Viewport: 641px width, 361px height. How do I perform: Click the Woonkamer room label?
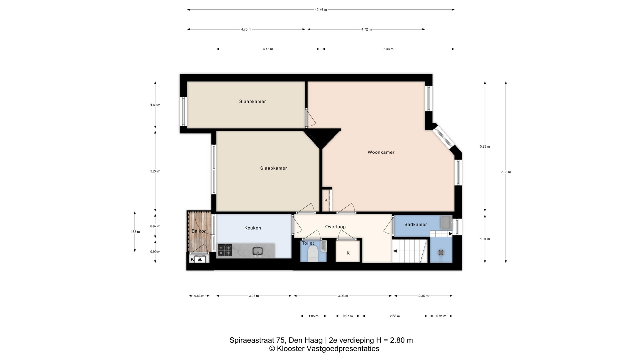tap(381, 152)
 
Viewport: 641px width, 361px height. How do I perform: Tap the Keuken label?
tap(253, 228)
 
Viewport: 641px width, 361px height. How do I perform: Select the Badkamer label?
tap(416, 224)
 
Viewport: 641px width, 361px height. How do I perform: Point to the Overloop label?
tap(335, 227)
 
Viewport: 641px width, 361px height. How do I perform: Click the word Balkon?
tap(199, 231)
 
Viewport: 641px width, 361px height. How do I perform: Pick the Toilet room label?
tap(308, 243)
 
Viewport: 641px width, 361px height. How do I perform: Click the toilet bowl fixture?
tap(313, 254)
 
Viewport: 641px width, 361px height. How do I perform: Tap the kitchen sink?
tap(258, 251)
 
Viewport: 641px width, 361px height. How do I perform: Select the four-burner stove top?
tap(225, 250)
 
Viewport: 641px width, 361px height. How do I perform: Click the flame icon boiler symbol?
tap(200, 259)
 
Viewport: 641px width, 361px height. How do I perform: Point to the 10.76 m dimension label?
tap(321, 10)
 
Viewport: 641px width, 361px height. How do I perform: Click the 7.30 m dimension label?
tap(506, 172)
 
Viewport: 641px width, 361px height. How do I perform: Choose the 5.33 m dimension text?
tap(388, 49)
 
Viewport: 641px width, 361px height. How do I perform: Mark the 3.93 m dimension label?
tap(343, 296)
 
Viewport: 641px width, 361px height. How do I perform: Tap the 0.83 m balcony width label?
tap(199, 296)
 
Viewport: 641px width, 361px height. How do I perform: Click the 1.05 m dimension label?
tap(313, 316)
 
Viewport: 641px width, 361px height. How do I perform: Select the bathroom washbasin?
tap(446, 222)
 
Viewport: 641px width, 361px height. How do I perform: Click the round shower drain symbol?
tap(441, 253)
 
